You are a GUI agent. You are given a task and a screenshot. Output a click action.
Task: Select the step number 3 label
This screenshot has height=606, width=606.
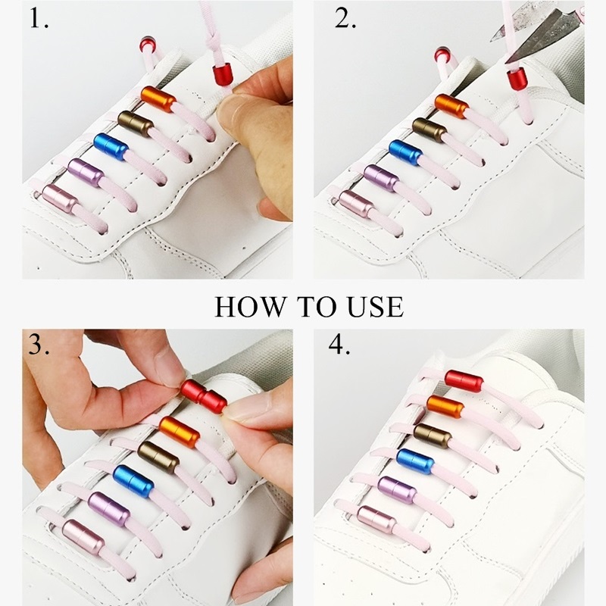(x=39, y=345)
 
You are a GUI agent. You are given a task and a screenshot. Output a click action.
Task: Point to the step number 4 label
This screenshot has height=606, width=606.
(x=339, y=345)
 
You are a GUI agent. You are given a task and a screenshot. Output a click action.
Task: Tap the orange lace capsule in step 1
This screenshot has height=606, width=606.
(x=158, y=99)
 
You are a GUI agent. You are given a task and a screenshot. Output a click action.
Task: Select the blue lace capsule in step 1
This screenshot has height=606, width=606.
(x=111, y=147)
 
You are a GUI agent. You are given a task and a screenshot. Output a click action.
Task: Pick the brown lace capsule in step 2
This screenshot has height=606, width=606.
(x=430, y=130)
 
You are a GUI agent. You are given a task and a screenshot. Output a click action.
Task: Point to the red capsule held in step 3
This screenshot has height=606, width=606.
(x=203, y=396)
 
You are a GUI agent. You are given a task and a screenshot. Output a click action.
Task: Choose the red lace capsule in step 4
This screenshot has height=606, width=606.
(x=464, y=381)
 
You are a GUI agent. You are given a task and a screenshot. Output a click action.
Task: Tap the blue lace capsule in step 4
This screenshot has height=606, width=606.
(x=415, y=461)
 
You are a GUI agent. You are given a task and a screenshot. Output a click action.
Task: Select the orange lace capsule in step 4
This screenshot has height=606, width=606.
(x=445, y=407)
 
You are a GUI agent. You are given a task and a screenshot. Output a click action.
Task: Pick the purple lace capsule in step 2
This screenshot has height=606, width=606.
(x=381, y=178)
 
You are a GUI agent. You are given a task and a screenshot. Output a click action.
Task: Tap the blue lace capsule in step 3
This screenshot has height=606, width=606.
(x=133, y=481)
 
